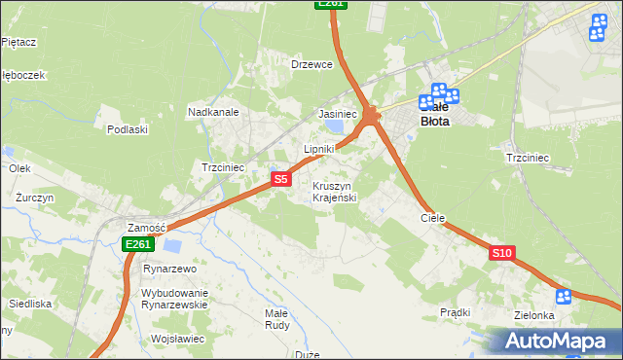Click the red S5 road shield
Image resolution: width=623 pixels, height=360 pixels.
tap(280, 179)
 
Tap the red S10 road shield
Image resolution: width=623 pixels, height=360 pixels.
tap(501, 253)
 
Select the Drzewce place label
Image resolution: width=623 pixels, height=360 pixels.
tap(312, 64)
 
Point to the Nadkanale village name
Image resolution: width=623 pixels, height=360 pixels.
tap(213, 112)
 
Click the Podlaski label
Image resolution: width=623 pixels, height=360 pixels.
tap(128, 129)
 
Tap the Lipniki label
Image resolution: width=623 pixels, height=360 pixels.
tap(319, 149)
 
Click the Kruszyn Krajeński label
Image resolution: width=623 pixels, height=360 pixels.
tap(336, 192)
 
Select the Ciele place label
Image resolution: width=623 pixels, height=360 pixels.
tap(432, 218)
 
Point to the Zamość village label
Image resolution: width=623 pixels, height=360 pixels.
tap(145, 226)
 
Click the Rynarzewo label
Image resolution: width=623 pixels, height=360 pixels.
tap(170, 269)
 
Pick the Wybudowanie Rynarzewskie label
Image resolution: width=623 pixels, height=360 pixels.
tap(175, 299)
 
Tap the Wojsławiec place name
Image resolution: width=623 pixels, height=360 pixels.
tap(177, 339)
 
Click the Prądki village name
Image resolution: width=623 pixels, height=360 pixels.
tap(456, 312)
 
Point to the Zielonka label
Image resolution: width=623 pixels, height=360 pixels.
tap(534, 315)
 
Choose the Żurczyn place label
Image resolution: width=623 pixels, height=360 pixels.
tap(34, 197)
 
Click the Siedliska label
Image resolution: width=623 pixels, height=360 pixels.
tap(30, 304)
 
